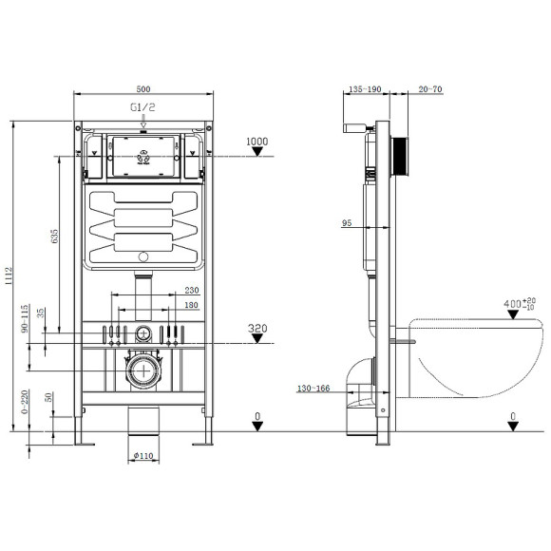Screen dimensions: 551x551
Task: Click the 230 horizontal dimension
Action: pos(191,292)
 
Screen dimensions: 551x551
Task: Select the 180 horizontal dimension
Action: pos(191,305)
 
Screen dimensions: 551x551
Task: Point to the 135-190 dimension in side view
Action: pos(365,89)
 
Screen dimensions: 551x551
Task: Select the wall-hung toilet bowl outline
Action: pos(470,356)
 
